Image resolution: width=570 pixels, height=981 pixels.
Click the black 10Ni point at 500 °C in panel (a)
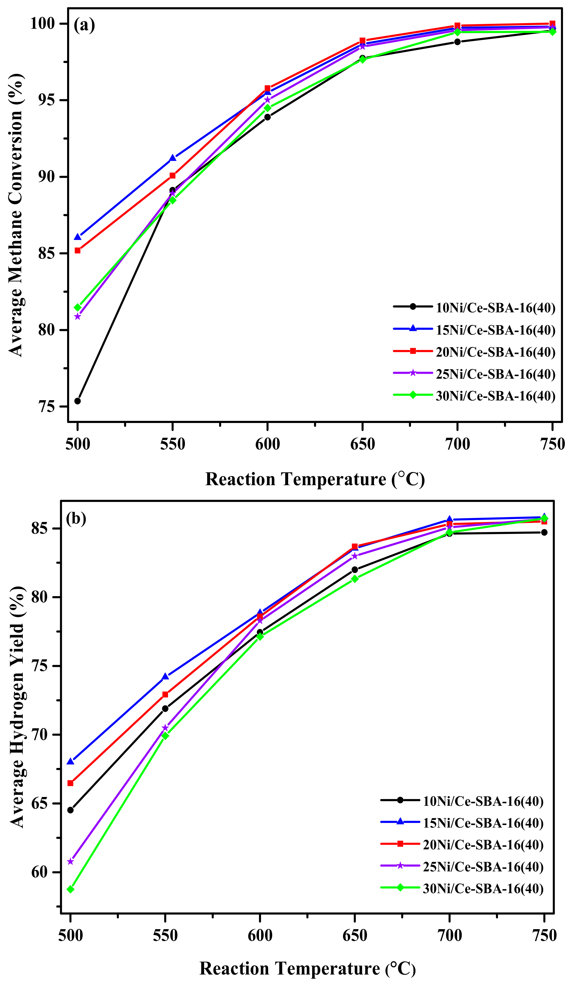click(77, 401)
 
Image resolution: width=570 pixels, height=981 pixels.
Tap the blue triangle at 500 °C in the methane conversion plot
click(77, 237)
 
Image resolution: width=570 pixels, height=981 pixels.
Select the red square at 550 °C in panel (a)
click(172, 175)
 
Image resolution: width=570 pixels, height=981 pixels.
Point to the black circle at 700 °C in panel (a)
click(457, 42)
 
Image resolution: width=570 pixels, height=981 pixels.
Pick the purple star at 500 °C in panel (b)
click(70, 862)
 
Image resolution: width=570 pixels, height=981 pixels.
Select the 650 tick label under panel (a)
click(362, 444)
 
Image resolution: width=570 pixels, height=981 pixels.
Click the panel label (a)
click(84, 26)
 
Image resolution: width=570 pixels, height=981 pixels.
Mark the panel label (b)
click(76, 519)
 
